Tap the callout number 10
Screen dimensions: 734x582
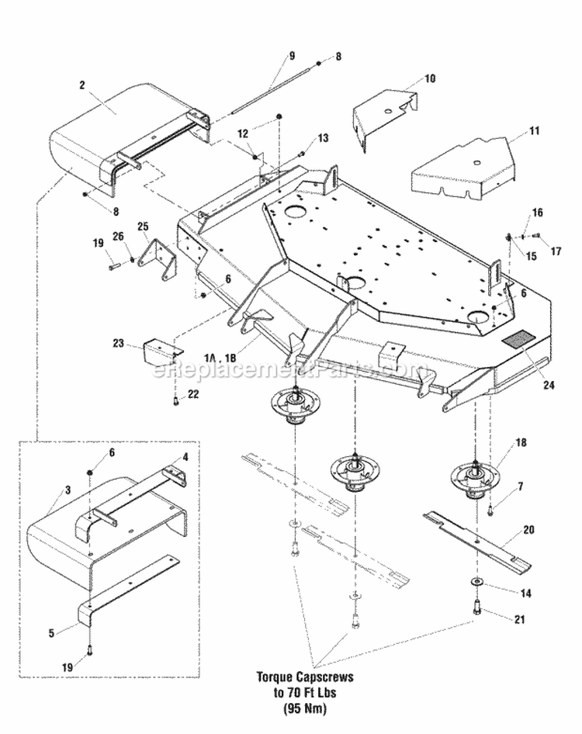431,79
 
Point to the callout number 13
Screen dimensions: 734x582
302,137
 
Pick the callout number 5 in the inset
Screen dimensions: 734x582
50,632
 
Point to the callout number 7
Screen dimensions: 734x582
521,486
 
